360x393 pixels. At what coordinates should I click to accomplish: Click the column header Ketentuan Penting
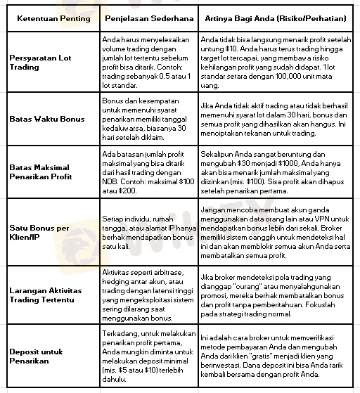coord(53,18)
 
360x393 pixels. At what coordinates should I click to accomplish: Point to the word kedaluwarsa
coord(124,129)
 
